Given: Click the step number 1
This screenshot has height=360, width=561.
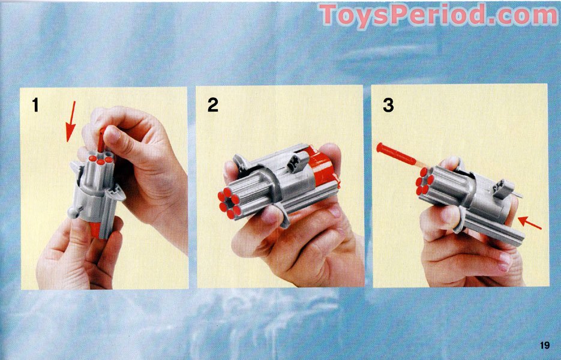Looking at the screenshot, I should click(35, 106).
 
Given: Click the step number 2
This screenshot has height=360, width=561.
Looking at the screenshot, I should click(212, 105).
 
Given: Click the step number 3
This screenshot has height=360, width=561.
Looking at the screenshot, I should click(388, 106).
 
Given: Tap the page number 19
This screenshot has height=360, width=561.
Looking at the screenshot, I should click(544, 345).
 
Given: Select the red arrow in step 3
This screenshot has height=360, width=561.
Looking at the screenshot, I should click(530, 223).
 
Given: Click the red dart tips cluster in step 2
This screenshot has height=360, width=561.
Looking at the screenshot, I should click(229, 202).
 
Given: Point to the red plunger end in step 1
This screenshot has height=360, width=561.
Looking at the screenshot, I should click(97, 230).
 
